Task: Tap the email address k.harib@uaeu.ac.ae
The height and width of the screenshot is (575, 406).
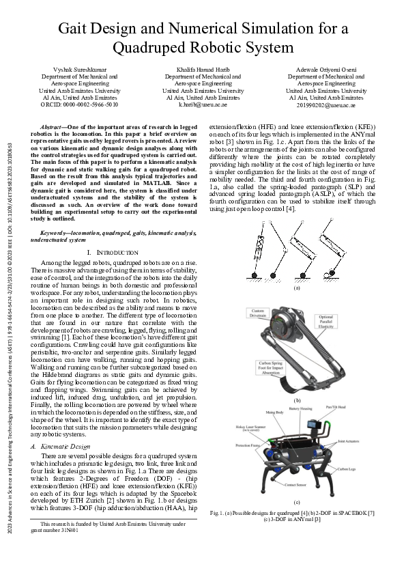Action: coord(203,105)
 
